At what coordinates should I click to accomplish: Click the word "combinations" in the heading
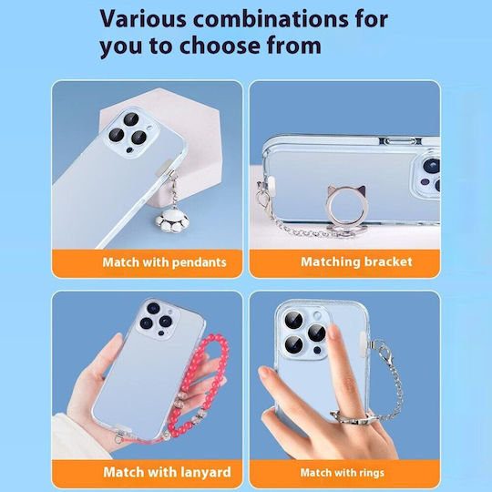[x=271, y=19]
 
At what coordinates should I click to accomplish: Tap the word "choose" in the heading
[x=219, y=46]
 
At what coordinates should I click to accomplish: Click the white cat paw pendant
[x=172, y=220]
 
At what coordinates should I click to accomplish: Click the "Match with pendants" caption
[x=164, y=262]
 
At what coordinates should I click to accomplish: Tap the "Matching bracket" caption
[x=356, y=261]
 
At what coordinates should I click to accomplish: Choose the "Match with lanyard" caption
[x=167, y=472]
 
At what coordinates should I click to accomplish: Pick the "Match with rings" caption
[x=342, y=473]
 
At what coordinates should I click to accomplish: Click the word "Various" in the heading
[x=143, y=19]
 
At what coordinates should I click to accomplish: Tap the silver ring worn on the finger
[x=351, y=418]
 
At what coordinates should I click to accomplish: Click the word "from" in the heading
[x=294, y=46]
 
